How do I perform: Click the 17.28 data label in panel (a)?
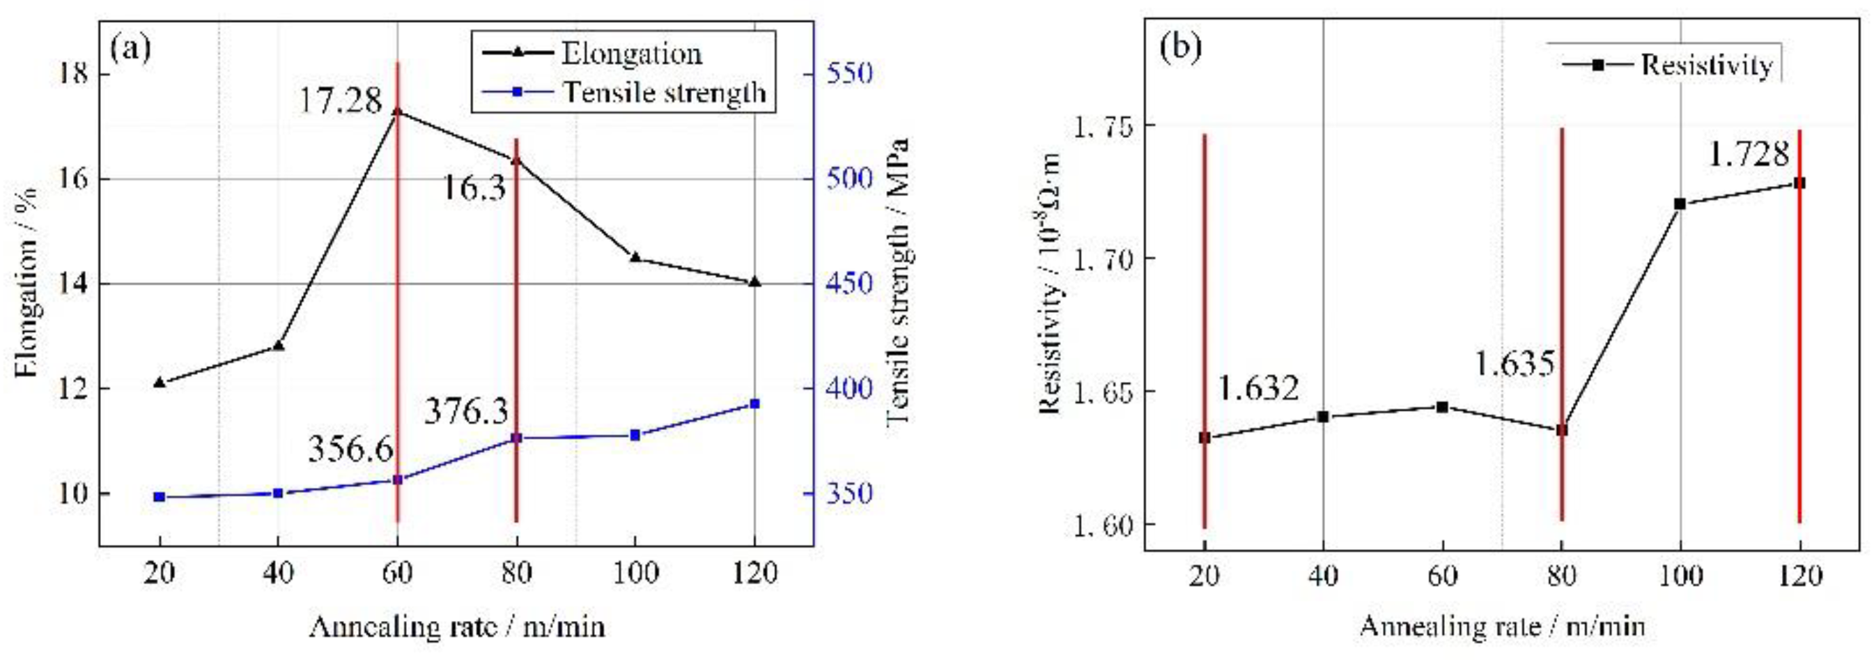point(341,100)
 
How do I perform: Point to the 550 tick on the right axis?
point(849,74)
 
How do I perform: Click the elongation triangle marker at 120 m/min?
point(754,281)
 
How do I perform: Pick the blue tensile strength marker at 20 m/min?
point(160,497)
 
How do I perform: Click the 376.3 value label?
point(466,412)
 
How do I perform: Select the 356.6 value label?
point(350,449)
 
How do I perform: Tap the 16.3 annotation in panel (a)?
point(474,188)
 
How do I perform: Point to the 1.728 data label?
point(1747,153)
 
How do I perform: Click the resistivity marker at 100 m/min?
point(1680,204)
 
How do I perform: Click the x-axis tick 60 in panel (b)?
point(1442,576)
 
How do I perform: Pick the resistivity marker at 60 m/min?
point(1442,407)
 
